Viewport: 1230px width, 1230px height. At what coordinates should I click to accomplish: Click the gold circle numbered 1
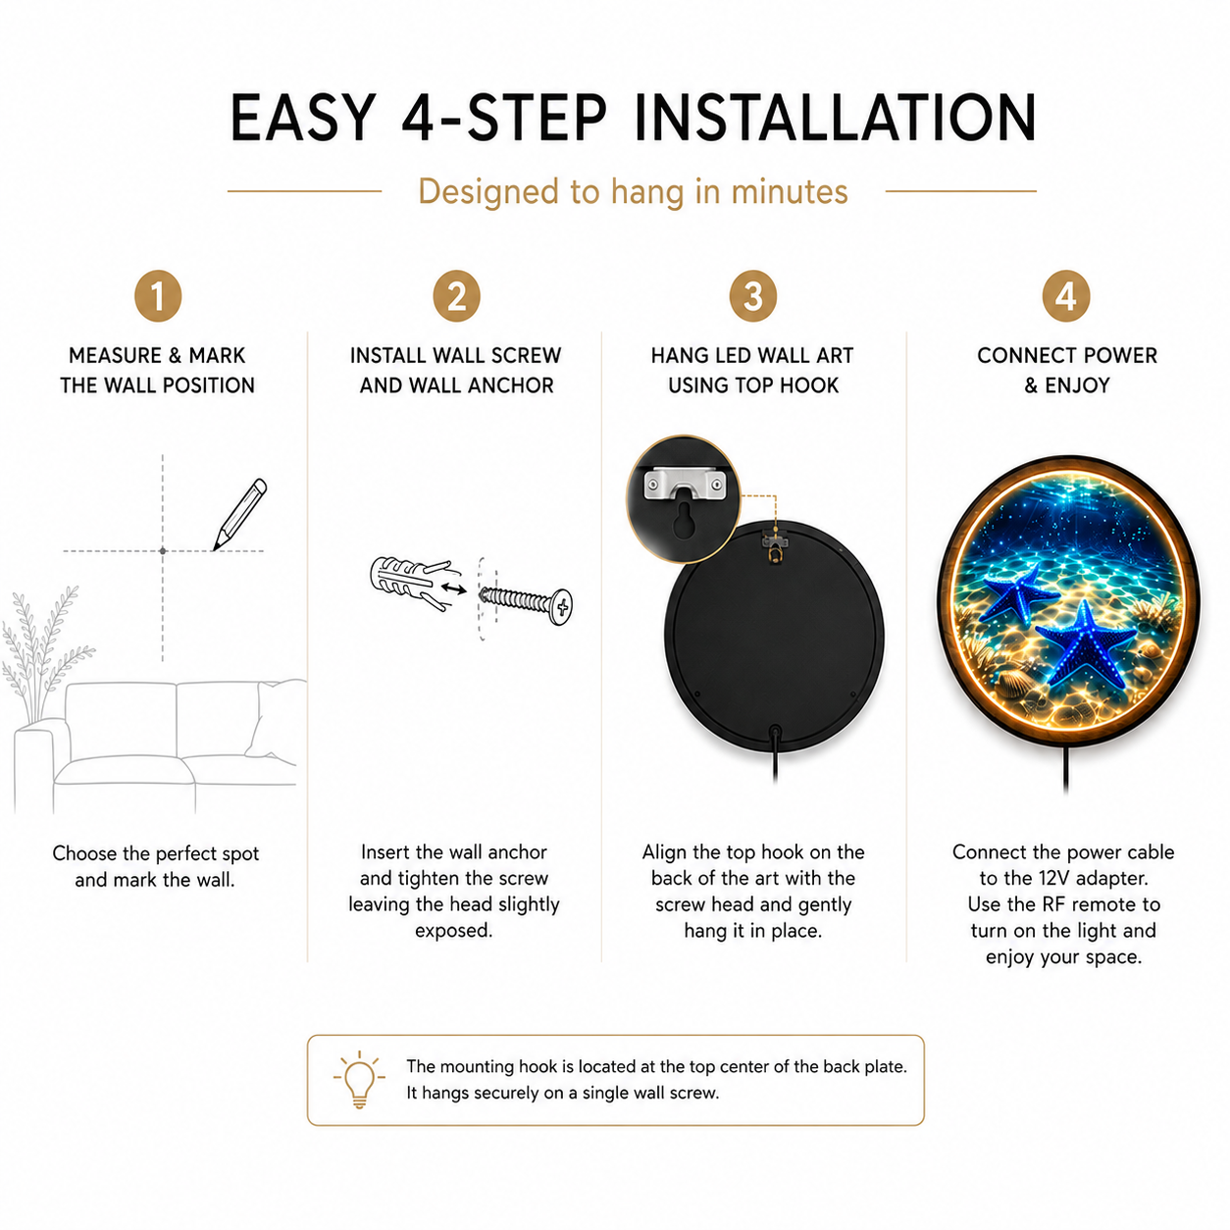(158, 295)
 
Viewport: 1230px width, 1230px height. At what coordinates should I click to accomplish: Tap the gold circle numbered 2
(456, 295)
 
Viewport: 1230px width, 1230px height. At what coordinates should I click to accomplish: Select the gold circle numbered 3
(752, 295)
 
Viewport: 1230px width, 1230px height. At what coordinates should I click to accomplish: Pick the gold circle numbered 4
(1065, 295)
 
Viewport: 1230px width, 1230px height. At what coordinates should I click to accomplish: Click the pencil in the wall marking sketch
(239, 514)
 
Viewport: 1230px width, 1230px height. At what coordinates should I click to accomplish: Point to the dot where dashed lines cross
(163, 550)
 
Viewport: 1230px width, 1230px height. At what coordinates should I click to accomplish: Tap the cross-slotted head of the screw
(561, 606)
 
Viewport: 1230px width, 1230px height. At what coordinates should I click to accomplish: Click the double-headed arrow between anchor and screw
(453, 588)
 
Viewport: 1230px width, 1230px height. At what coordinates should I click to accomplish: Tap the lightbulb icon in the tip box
(359, 1079)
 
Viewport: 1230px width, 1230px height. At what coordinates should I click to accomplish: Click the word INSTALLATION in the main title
(835, 118)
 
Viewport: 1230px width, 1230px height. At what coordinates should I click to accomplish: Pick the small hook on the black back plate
(774, 547)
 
